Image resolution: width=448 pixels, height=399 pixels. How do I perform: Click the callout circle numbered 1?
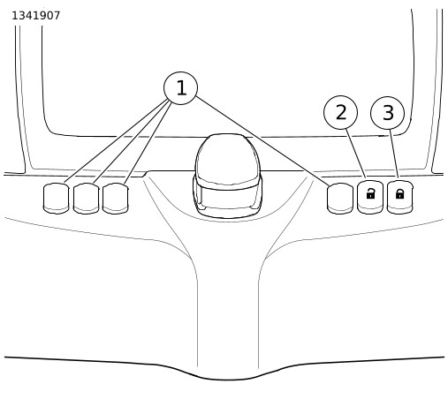[x=180, y=88]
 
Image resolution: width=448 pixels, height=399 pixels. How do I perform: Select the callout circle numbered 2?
[x=340, y=112]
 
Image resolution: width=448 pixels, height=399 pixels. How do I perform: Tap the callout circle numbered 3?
[x=387, y=113]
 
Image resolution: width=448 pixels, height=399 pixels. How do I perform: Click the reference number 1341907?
[x=35, y=16]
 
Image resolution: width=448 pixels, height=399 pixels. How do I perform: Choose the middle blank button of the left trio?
[x=86, y=199]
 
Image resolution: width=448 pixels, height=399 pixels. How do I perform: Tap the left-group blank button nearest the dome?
[x=115, y=199]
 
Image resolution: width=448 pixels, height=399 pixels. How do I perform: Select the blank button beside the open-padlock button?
[x=340, y=199]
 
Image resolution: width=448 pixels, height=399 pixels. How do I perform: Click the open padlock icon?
[x=370, y=194]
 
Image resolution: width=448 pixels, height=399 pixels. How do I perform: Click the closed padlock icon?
[x=399, y=194]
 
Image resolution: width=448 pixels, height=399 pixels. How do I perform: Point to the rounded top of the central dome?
[x=227, y=157]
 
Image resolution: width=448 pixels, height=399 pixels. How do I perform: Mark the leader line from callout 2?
[x=356, y=154]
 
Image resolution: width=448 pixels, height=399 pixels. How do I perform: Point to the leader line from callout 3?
[x=394, y=154]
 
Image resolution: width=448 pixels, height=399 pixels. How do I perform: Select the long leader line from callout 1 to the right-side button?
[x=262, y=140]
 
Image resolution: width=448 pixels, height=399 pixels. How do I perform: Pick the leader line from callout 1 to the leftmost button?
[x=116, y=140]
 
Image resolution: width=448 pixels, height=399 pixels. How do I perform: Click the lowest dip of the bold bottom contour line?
[x=227, y=380]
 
